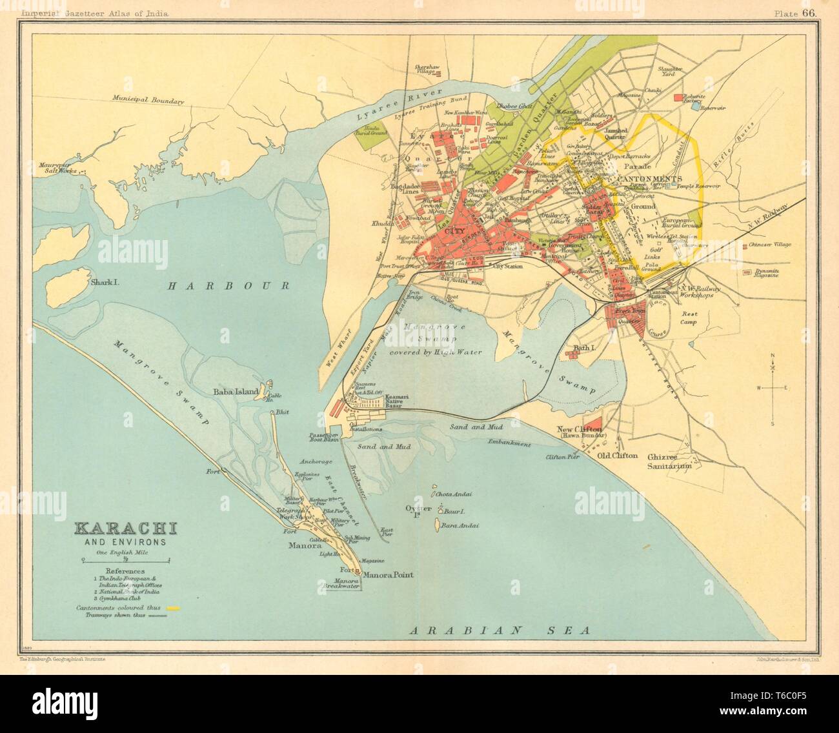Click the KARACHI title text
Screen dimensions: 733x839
[x=126, y=529]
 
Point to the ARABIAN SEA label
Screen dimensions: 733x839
[x=501, y=630]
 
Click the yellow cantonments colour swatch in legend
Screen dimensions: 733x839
[x=172, y=608]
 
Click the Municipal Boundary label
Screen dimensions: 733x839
[x=147, y=101]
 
